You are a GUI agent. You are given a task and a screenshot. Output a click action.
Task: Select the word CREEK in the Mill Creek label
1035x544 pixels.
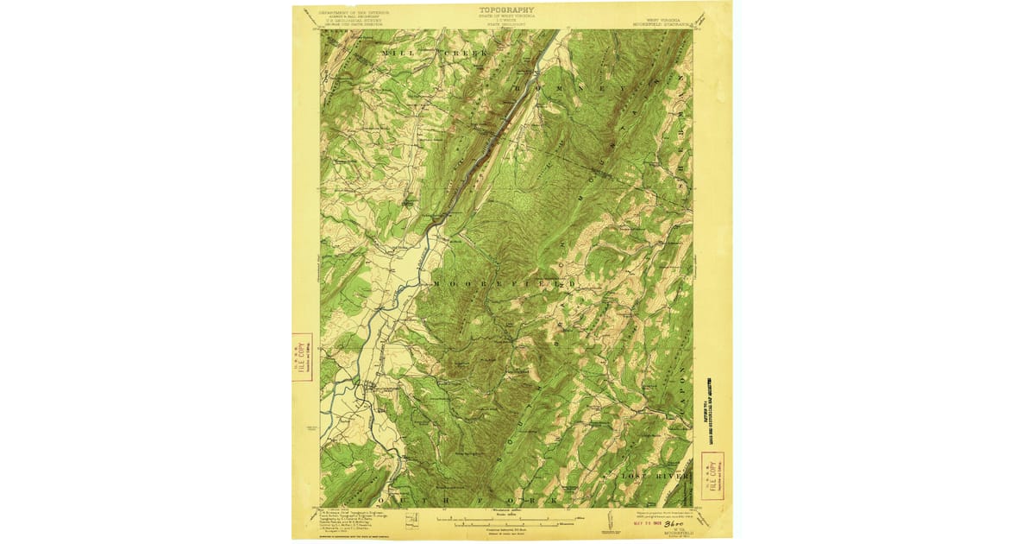click(x=467, y=54)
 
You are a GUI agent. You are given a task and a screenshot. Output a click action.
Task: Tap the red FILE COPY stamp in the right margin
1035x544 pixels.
click(x=712, y=475)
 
